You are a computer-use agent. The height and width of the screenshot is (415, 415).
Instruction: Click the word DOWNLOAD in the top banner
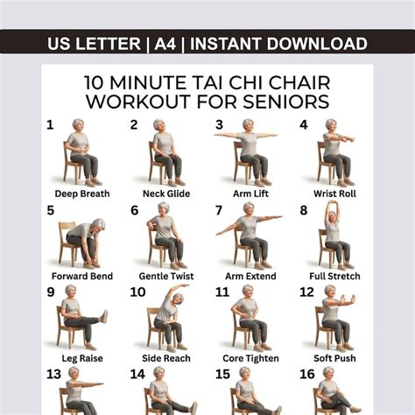pos(317,44)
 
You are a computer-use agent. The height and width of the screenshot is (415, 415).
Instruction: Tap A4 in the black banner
pos(165,44)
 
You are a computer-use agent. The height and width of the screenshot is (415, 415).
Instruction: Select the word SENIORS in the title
pos(286,102)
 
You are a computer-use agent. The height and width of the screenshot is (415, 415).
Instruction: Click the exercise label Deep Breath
pos(82,193)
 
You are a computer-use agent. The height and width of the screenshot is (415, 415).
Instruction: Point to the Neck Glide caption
pos(166,193)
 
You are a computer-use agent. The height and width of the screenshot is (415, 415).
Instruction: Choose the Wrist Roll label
pos(334,193)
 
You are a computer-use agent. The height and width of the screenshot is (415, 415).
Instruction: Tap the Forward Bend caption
pos(82,276)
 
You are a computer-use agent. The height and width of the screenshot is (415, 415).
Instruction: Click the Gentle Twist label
pos(166,276)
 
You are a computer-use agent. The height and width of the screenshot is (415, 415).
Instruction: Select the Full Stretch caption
pos(334,276)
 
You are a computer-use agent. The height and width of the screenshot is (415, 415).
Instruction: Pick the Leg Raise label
pos(82,358)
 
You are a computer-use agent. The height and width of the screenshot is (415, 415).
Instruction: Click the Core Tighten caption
pos(250,358)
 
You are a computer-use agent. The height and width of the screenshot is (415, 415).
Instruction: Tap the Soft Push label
pos(334,358)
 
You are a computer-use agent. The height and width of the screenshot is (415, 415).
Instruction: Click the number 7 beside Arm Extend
pos(219,210)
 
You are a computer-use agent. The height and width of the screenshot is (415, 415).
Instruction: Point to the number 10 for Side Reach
pos(137,292)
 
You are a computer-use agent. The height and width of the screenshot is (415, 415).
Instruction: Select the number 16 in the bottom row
pos(307,374)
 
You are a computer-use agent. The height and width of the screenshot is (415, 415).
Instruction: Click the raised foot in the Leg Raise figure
pos(104,317)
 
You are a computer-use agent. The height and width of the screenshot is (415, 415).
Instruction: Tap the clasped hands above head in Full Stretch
pos(334,203)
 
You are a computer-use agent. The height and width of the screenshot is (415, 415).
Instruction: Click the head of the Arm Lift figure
pos(248,126)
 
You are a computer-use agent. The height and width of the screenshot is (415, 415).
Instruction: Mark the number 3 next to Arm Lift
pos(219,125)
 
